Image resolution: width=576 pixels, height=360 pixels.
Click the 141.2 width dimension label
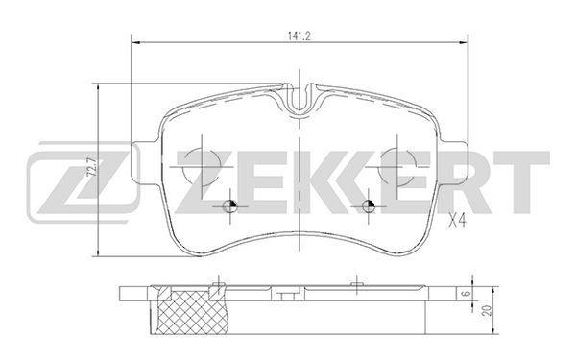(x=299, y=36)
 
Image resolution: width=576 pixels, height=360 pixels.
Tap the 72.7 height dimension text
(x=91, y=167)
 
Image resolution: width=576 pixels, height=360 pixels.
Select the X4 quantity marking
(x=458, y=221)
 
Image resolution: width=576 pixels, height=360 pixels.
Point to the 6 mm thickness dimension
(x=467, y=294)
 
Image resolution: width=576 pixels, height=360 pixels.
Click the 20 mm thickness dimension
(x=488, y=310)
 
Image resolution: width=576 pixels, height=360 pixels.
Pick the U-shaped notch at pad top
(x=300, y=98)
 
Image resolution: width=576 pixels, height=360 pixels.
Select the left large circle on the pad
(x=202, y=166)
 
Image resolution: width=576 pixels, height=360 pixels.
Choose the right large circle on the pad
(x=397, y=166)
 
